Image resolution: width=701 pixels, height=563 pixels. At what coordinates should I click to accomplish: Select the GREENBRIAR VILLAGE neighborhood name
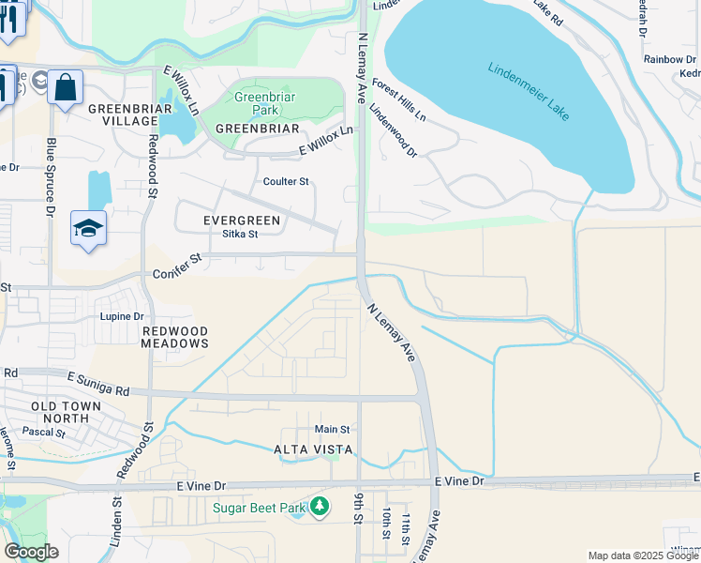click(123, 114)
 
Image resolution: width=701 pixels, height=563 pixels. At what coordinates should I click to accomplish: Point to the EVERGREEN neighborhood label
click(242, 220)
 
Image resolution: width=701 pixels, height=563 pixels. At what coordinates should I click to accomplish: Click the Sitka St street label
click(239, 235)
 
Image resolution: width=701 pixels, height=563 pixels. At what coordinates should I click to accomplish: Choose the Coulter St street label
click(286, 181)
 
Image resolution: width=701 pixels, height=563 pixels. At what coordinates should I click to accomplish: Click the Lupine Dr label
click(123, 317)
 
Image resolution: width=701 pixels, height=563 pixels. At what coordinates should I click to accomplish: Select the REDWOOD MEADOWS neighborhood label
click(174, 338)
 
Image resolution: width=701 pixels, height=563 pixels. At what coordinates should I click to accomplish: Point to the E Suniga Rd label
click(98, 382)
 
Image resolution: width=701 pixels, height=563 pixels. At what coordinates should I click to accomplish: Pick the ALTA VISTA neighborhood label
click(313, 449)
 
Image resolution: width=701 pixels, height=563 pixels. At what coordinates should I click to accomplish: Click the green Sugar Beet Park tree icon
click(321, 508)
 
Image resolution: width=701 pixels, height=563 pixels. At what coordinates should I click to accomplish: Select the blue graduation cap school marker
click(88, 229)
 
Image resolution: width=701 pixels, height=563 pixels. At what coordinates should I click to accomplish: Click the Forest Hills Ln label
click(398, 100)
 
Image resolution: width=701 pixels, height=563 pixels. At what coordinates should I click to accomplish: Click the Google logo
click(31, 552)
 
